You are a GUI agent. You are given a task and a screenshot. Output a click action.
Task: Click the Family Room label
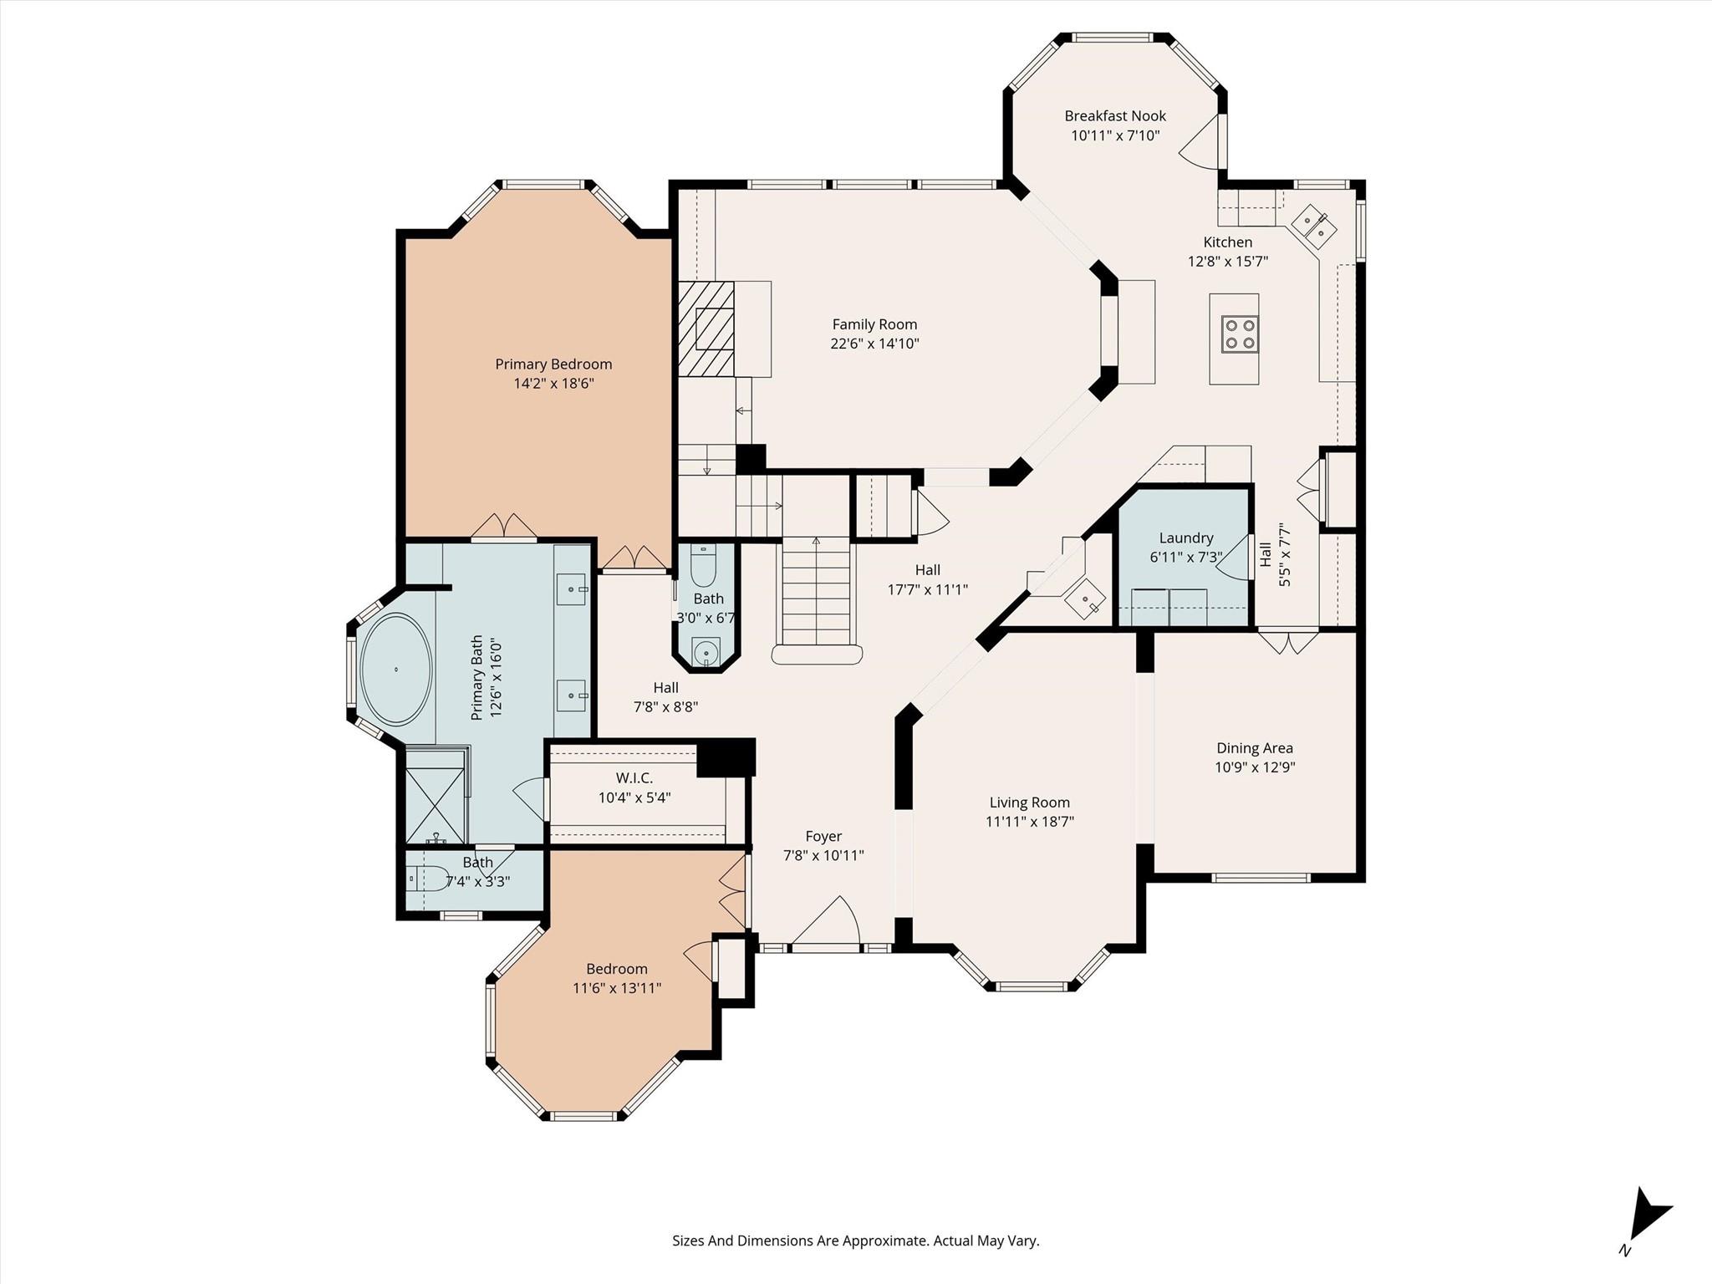point(874,324)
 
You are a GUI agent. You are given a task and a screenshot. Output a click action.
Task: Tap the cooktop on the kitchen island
point(1240,333)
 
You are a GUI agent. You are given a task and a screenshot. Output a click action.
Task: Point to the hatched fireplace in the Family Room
point(706,329)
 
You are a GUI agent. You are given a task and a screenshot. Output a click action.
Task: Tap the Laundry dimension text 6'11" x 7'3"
point(1185,558)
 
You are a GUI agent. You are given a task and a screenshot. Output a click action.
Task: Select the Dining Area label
point(1254,748)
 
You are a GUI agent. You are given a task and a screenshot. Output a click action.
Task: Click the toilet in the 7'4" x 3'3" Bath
point(429,879)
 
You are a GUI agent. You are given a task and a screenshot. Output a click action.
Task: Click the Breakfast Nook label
point(1115,116)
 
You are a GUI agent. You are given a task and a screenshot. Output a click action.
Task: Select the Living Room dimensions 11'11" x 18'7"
point(1029,822)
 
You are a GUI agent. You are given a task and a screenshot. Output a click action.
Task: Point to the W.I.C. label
point(634,778)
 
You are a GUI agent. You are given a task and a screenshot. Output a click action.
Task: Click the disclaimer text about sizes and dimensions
point(855,1241)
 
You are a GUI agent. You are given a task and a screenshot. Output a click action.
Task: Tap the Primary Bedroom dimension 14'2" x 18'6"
point(553,384)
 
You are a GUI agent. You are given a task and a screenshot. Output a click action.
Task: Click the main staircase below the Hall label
point(816,594)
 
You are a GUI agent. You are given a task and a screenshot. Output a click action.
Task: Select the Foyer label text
point(823,836)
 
